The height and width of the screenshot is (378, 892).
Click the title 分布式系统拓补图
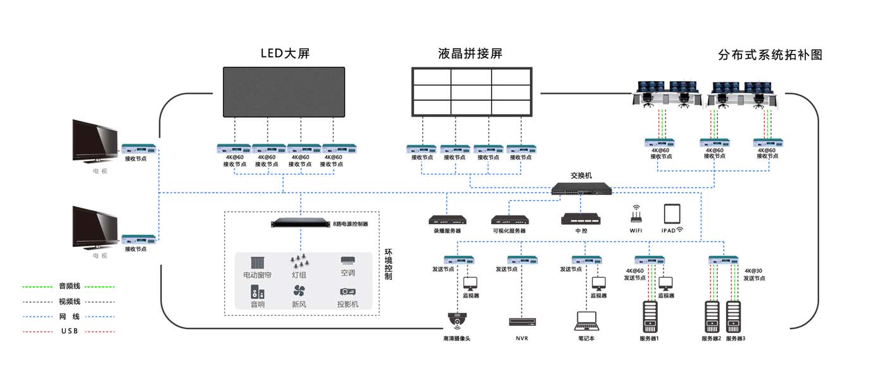[770, 55]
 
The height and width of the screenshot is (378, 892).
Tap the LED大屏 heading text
[285, 53]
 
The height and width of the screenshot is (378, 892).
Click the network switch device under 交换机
[581, 187]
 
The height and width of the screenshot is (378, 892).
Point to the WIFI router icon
[636, 214]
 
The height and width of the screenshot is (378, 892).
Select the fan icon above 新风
[299, 291]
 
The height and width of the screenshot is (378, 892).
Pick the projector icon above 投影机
[348, 291]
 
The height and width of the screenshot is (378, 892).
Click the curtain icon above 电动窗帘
[257, 263]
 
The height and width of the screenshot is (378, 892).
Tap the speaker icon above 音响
[257, 292]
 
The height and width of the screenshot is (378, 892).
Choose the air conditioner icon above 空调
[348, 261]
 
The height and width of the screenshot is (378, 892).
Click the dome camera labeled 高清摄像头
[456, 320]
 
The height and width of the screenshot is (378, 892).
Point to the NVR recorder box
[522, 322]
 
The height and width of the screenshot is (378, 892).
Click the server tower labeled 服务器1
[650, 317]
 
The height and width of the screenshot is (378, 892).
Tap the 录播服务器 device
[447, 220]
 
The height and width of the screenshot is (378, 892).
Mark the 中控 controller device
[581, 219]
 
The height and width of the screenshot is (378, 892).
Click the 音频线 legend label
[69, 286]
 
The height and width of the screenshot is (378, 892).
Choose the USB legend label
[69, 331]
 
